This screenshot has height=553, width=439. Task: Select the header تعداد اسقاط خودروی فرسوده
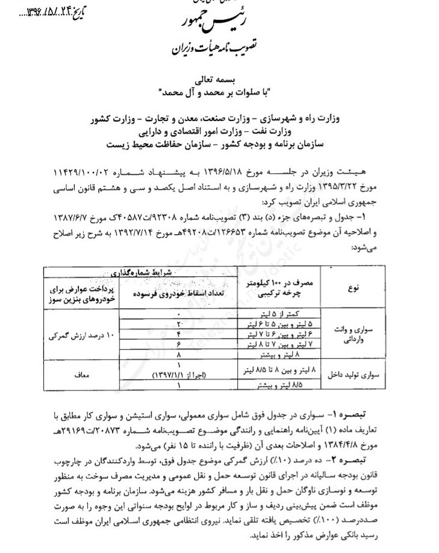(x=179, y=291)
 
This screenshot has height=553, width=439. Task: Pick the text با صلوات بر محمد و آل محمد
(x=219, y=90)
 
